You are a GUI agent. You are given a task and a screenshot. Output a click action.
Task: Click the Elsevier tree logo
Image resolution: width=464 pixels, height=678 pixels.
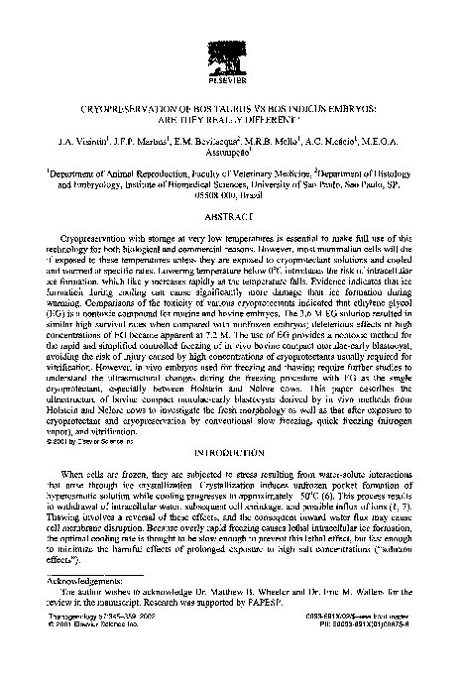[x=231, y=46]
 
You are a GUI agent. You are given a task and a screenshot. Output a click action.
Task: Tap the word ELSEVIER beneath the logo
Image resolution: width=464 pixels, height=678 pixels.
[x=231, y=77]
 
